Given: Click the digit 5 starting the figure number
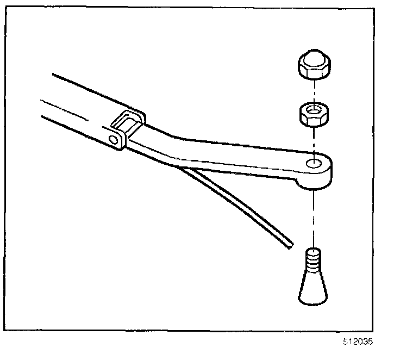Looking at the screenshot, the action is point(345,342).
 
